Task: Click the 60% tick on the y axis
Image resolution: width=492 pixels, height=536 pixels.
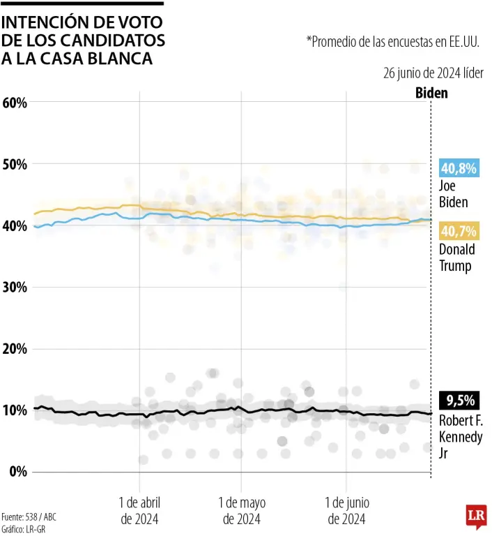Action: click(x=15, y=103)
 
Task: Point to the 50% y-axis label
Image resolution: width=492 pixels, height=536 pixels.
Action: click(x=15, y=164)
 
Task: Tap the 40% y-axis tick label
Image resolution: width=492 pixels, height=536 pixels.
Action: click(x=15, y=225)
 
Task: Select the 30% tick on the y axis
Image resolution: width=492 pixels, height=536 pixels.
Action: click(x=15, y=287)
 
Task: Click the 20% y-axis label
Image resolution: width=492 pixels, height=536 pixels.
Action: click(x=15, y=348)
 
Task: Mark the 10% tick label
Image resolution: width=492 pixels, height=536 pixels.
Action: click(x=15, y=410)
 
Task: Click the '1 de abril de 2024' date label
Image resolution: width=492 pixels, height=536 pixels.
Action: click(x=139, y=510)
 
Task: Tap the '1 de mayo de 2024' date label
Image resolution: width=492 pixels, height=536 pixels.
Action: click(x=242, y=510)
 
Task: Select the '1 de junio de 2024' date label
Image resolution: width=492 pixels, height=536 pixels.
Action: click(x=346, y=510)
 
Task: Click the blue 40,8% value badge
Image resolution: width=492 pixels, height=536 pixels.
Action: click(x=459, y=167)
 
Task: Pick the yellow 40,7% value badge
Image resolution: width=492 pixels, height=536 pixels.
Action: click(x=459, y=231)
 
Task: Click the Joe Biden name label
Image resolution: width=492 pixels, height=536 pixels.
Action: click(x=454, y=194)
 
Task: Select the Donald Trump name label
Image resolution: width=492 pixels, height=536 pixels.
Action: click(x=457, y=258)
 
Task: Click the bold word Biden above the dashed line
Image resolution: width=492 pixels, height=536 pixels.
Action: click(x=431, y=93)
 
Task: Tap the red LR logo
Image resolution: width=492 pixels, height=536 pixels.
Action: click(x=475, y=516)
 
